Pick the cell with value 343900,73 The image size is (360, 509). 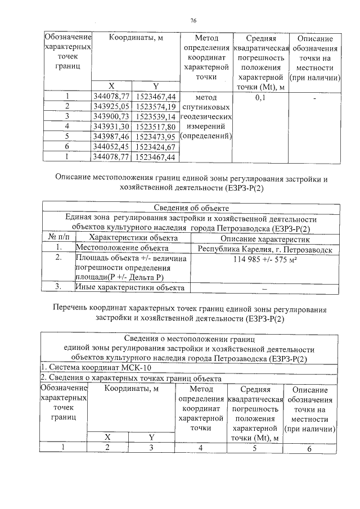coord(111,116)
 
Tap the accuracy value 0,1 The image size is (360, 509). coord(260,97)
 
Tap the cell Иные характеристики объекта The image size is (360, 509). coord(130,287)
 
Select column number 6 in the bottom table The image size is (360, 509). coord(309,448)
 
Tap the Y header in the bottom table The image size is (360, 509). coord(151,437)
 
